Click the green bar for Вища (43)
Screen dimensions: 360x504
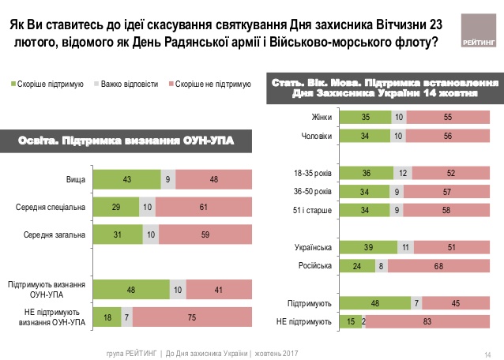click(126, 179)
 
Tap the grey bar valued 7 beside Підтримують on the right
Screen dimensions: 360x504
click(415, 302)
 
